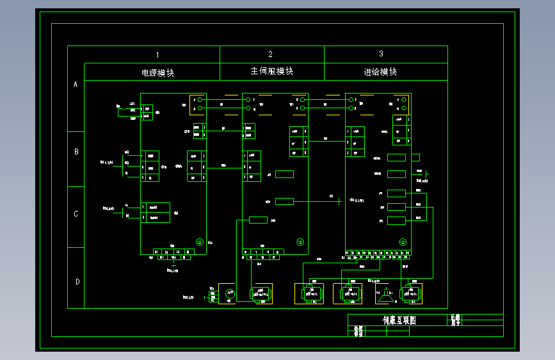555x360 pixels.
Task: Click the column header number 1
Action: coord(157,54)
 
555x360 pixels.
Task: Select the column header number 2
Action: coord(270,54)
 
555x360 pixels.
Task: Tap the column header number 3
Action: coord(382,54)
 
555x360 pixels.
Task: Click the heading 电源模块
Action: coord(157,72)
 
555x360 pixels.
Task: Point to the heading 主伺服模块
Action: coord(271,72)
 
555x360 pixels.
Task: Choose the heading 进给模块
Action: coord(380,72)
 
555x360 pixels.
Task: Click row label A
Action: coord(76,85)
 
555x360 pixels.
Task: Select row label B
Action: coord(76,152)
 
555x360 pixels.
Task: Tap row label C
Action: coord(76,214)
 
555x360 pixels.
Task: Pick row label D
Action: coord(76,281)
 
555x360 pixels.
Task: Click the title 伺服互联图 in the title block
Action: coord(399,320)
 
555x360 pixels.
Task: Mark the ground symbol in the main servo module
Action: coord(300,241)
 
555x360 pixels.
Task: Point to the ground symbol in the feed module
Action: coord(403,241)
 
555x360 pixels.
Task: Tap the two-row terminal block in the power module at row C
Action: coord(156,213)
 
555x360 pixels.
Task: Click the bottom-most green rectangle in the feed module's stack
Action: coord(397,221)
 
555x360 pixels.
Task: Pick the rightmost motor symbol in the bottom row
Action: coord(410,293)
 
